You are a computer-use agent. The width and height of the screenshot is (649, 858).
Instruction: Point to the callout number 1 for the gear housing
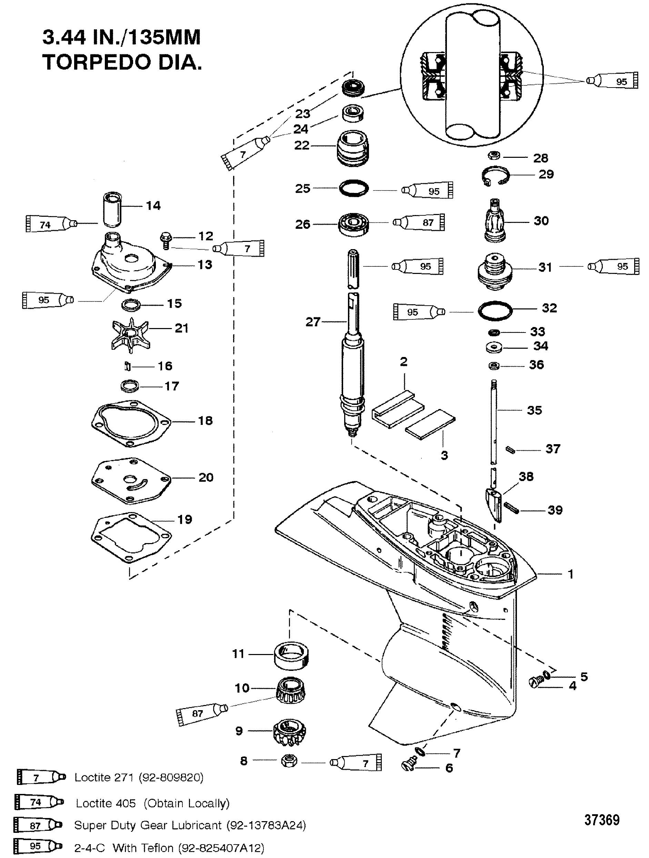pos(571,574)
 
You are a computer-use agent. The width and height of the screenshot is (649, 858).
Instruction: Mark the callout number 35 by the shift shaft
pos(534,410)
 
